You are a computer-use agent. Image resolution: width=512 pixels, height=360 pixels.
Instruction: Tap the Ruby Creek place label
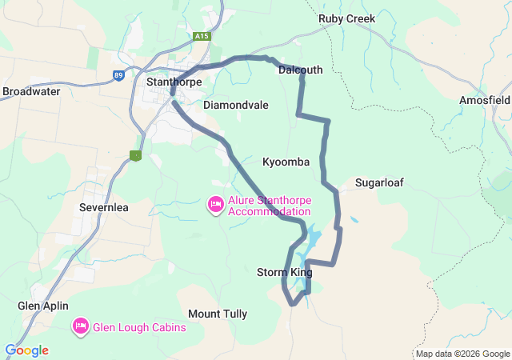[x=346, y=18]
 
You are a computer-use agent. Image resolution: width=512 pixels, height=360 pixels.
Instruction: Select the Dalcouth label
[x=300, y=70]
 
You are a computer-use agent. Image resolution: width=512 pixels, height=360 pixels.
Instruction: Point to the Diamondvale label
[x=236, y=105]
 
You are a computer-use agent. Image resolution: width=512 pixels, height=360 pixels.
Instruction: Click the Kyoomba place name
[x=286, y=162]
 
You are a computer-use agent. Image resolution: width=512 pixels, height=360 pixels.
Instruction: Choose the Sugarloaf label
[x=379, y=182]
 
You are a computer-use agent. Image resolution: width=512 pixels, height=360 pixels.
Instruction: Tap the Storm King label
[x=284, y=273]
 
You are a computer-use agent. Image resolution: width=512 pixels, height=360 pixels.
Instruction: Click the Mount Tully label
[x=218, y=314]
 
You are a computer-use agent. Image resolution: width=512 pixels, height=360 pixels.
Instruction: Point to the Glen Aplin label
[x=43, y=306]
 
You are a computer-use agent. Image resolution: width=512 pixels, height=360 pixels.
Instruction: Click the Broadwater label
[x=31, y=91]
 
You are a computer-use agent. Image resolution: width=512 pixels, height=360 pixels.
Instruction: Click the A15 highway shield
[x=202, y=36]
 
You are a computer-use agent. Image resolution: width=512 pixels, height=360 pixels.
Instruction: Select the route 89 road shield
[x=118, y=75]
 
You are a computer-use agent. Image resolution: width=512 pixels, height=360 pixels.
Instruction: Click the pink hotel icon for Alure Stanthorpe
[x=215, y=206]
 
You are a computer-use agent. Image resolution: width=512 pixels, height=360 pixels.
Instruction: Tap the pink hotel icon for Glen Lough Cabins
[x=80, y=326]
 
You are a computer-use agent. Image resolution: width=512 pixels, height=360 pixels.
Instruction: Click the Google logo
[x=26, y=350]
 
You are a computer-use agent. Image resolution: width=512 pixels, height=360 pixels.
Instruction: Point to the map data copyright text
[x=462, y=354]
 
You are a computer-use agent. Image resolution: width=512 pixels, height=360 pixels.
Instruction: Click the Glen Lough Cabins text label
[x=139, y=327]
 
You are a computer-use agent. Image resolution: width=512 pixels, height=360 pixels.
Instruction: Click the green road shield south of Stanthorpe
[x=135, y=155]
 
